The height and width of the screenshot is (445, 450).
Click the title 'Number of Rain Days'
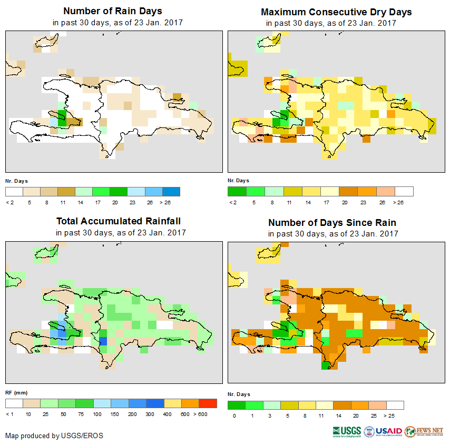pyautogui.click(x=112, y=11)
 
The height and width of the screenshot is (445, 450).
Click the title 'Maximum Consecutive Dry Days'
pyautogui.click(x=336, y=12)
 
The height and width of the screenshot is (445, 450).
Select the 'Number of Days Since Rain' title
pyautogui.click(x=332, y=222)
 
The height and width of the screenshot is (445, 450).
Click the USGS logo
pyautogui.click(x=347, y=431)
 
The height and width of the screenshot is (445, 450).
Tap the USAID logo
pyautogui.click(x=383, y=431)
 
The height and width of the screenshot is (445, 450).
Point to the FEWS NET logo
pyautogui.click(x=424, y=431)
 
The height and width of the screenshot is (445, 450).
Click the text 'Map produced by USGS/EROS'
pyautogui.click(x=54, y=436)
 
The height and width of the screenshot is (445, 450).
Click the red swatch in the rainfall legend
pyautogui.click(x=208, y=403)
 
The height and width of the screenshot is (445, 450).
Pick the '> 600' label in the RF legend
pyautogui.click(x=208, y=414)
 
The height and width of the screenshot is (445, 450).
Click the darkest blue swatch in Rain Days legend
pyautogui.click(x=171, y=191)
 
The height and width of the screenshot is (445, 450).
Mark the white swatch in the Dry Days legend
pyautogui.click(x=404, y=191)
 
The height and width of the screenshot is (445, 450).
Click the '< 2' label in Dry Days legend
pyautogui.click(x=232, y=202)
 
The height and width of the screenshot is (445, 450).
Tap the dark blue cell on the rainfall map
pyautogui.click(x=103, y=341)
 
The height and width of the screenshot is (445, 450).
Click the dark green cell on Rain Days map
pyautogui.click(x=61, y=116)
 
